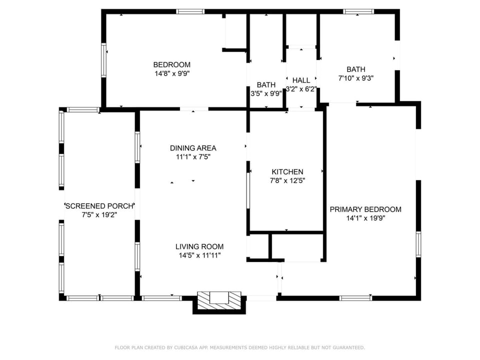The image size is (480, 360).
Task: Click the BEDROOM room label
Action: click(171, 64)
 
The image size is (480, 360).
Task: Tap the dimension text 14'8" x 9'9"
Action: click(172, 73)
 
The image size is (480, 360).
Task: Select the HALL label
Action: click(301, 80)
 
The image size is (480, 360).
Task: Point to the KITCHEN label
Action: click(287, 171)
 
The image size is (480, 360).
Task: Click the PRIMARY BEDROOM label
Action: click(365, 209)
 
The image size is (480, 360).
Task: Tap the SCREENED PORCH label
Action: click(99, 206)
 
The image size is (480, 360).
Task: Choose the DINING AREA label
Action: click(193, 148)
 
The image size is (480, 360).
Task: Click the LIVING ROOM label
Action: click(199, 246)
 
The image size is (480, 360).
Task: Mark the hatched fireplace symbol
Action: click(219, 300)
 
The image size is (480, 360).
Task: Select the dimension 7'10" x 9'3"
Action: click(355, 78)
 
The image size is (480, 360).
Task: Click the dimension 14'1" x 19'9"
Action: click(365, 218)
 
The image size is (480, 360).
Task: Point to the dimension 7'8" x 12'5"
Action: click(287, 180)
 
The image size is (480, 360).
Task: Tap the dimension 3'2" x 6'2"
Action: click(301, 89)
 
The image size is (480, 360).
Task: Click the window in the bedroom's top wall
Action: click(190, 12)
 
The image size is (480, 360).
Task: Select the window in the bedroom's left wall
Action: click(104, 60)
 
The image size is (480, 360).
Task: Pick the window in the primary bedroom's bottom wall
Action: click(355, 298)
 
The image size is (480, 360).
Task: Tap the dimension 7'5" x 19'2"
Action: click(99, 215)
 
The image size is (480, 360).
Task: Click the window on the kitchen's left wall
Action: click(248, 190)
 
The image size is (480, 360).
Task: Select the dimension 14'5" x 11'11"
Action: click(199, 255)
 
